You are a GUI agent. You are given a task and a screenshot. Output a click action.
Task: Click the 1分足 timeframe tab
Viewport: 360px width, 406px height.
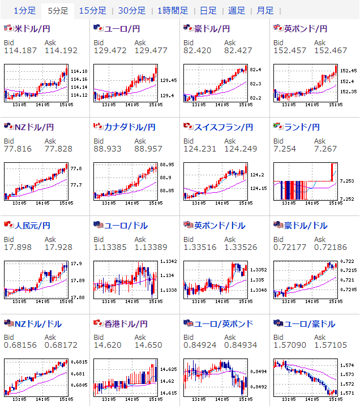(24, 11)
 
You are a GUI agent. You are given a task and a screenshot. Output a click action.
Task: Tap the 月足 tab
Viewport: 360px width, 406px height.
(265, 11)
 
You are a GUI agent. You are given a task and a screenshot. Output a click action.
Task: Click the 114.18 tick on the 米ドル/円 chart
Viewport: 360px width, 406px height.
(80, 72)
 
